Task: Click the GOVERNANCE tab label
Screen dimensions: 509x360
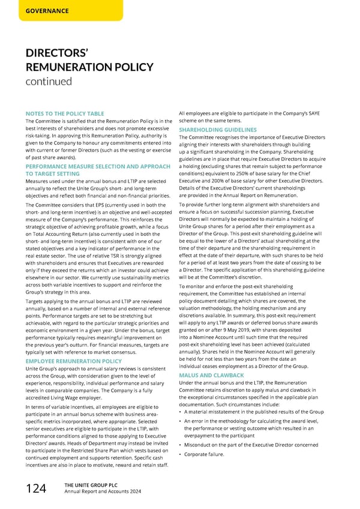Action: point(47,11)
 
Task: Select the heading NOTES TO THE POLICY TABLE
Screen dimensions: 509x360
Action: point(65,113)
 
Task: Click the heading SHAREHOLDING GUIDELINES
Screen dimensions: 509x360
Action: point(218,130)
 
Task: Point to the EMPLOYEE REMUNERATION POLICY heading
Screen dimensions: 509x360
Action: point(74,361)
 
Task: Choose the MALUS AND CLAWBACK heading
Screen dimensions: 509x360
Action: point(212,376)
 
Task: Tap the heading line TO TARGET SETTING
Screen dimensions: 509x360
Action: point(53,173)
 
